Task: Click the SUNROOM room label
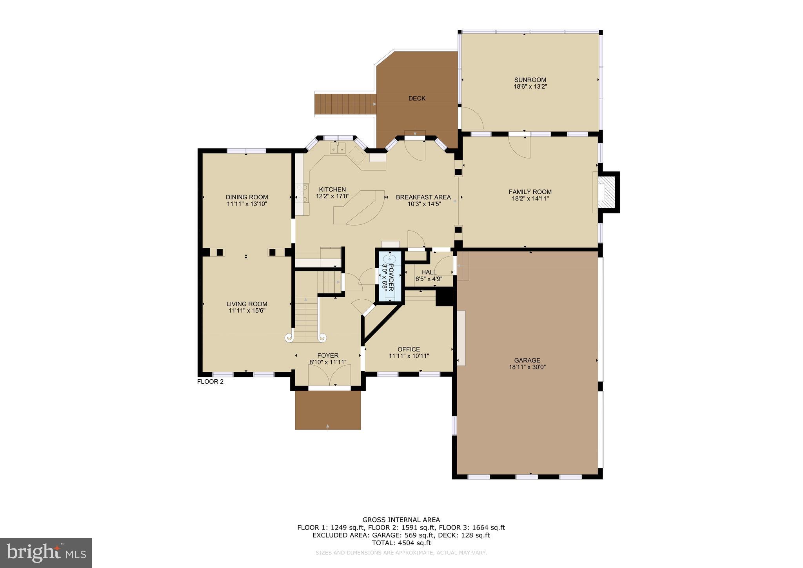coord(530,80)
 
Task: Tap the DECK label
coord(417,98)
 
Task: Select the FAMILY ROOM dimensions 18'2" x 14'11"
coord(530,198)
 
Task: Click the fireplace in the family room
coord(607,192)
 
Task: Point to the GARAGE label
coord(527,360)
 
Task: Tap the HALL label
coord(429,272)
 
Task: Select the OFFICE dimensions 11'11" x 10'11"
coord(409,356)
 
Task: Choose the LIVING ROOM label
coord(247,304)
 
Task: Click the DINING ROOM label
coord(247,197)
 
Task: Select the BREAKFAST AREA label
coord(423,197)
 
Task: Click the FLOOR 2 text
coord(210,381)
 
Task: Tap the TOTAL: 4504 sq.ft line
coord(401,543)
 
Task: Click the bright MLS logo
coord(46,553)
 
